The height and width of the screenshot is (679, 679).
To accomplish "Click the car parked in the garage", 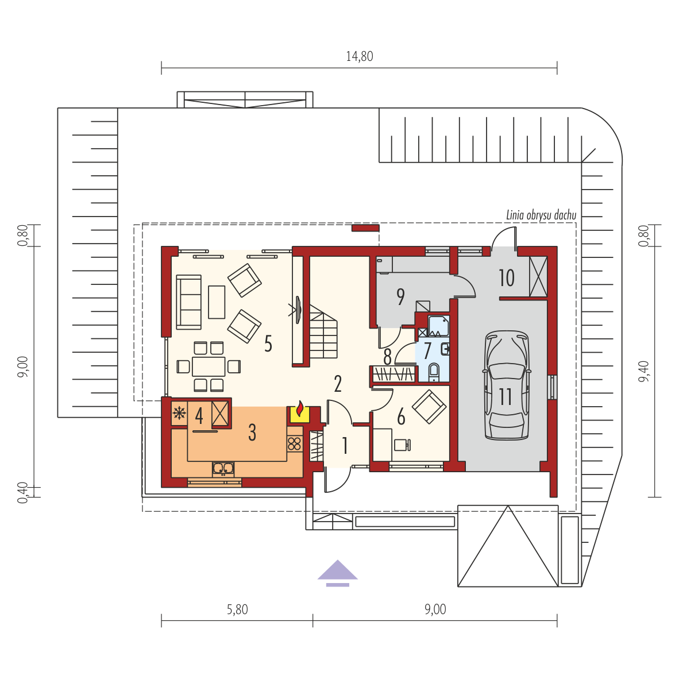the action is [x=507, y=386].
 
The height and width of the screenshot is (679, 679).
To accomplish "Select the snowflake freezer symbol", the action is [x=179, y=414].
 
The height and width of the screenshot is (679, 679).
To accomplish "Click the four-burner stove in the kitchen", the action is [x=295, y=444].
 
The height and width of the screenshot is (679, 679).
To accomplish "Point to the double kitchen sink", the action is [x=223, y=469].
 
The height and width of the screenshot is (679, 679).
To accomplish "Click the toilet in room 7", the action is [x=434, y=372].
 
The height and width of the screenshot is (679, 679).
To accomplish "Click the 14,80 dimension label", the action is [x=360, y=56].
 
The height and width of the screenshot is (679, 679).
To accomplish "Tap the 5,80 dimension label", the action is [x=237, y=609].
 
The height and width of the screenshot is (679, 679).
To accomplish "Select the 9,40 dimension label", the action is [x=644, y=371].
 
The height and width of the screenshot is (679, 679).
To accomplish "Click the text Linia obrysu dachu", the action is [x=541, y=215].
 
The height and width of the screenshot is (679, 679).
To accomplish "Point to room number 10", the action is [x=507, y=278].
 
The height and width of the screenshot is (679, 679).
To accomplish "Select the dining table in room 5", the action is [x=209, y=366].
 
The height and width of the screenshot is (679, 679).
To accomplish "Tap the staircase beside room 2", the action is [x=323, y=331].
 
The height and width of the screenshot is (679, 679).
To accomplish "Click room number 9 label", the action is [x=400, y=296].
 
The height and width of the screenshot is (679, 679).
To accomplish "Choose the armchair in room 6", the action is [x=429, y=407].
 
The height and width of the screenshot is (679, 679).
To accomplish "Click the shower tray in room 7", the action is [x=439, y=326].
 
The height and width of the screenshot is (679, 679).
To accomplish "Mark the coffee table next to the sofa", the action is [x=217, y=302].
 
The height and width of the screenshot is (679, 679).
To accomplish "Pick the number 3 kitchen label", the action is [x=252, y=432].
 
